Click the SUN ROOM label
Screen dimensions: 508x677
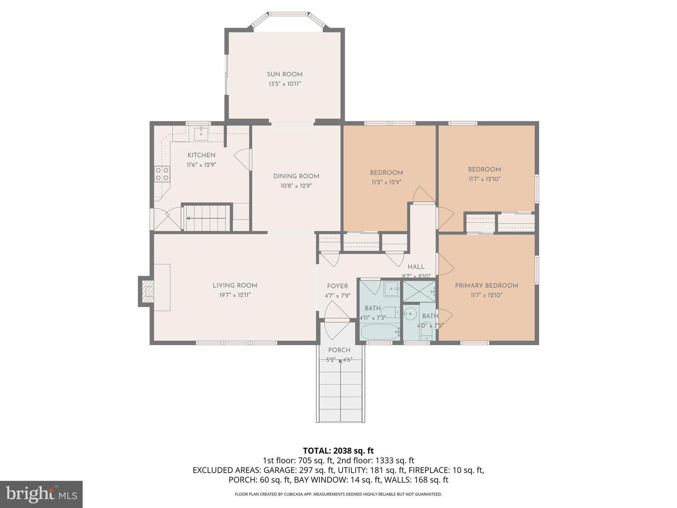point(284,74)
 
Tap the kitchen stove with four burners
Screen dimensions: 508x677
point(162,174)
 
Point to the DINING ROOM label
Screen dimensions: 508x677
point(296,176)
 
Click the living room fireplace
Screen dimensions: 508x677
point(147,292)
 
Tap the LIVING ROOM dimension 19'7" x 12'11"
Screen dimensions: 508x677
point(235,295)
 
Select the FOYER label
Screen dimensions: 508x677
point(338,286)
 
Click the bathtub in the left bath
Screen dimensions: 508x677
point(380,332)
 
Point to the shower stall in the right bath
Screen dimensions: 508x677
point(419,291)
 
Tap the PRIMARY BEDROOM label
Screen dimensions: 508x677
point(486,286)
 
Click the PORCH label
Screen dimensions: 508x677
point(339,350)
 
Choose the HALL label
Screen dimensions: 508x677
point(416,267)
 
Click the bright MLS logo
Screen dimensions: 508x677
point(41,494)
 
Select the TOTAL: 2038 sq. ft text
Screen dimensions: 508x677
point(338,451)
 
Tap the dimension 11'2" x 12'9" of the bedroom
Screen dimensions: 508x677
point(386,182)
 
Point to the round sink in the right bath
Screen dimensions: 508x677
point(410,313)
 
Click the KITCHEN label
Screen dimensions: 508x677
point(201,155)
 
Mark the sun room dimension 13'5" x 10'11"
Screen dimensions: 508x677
point(284,84)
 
